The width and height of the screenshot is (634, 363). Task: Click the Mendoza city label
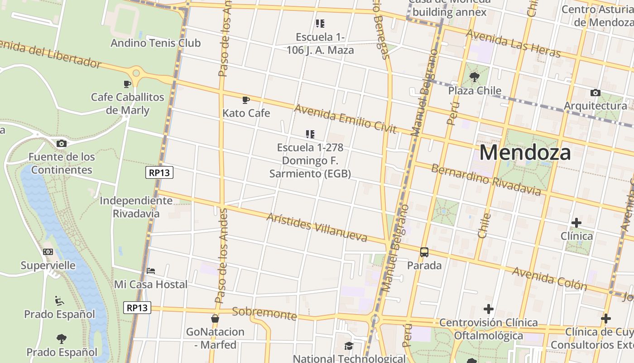pyautogui.click(x=525, y=152)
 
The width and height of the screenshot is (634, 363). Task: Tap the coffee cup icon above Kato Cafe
pyautogui.click(x=246, y=100)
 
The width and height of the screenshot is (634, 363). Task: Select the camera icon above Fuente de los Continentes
pyautogui.click(x=62, y=144)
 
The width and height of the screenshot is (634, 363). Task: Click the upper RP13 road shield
pyautogui.click(x=159, y=172)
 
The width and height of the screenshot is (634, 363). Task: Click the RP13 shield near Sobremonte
pyautogui.click(x=137, y=308)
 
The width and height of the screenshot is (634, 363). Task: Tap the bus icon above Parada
pyautogui.click(x=424, y=252)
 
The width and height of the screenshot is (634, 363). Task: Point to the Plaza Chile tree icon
pyautogui.click(x=475, y=77)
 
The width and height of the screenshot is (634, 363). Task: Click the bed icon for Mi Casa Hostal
pyautogui.click(x=151, y=271)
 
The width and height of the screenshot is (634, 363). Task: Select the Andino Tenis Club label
pyautogui.click(x=155, y=43)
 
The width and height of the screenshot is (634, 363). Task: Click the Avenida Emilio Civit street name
pyautogui.click(x=345, y=119)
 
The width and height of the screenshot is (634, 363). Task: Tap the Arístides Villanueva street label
pyautogui.click(x=317, y=227)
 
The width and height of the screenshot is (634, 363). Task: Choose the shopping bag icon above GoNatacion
pyautogui.click(x=215, y=319)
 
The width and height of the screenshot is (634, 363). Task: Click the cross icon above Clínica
pyautogui.click(x=576, y=223)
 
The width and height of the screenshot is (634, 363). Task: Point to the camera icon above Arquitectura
pyautogui.click(x=595, y=93)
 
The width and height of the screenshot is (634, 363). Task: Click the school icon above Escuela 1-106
pyautogui.click(x=320, y=23)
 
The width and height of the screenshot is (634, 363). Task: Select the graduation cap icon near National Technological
pyautogui.click(x=348, y=346)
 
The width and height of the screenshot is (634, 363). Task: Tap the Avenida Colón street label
pyautogui.click(x=549, y=278)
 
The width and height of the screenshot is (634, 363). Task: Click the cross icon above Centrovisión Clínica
pyautogui.click(x=488, y=309)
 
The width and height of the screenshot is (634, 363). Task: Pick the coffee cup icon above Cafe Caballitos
pyautogui.click(x=127, y=84)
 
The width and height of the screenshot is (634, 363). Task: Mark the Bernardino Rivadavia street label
pyautogui.click(x=485, y=180)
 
